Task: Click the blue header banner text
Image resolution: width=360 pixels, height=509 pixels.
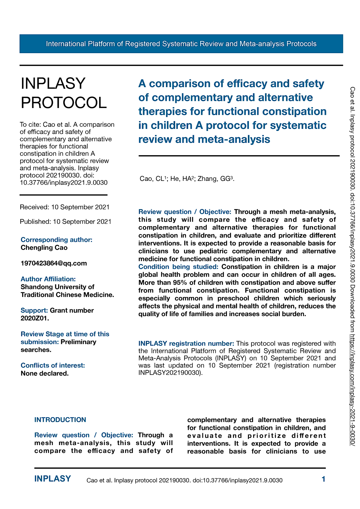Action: tap(181, 44)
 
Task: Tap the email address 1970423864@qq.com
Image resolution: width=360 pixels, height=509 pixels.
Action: tap(54, 263)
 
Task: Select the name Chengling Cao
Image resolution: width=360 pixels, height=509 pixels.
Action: tap(44, 248)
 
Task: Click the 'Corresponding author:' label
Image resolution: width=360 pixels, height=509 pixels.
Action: tap(57, 240)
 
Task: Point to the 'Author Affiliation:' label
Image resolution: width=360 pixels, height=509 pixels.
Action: tap(48, 279)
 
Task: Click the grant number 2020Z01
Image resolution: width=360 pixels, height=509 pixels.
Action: tap(35, 318)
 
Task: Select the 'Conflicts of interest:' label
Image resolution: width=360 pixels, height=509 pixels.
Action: tap(53, 365)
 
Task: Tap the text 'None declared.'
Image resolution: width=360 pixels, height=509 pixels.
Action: tap(45, 373)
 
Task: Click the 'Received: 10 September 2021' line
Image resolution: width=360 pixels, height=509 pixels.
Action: tap(64, 207)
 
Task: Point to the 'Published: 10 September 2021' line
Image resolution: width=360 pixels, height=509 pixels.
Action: tap(66, 221)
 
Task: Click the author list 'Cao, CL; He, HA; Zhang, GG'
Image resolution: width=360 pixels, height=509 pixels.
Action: tap(187, 179)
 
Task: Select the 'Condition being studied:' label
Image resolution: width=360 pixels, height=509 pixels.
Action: tap(178, 267)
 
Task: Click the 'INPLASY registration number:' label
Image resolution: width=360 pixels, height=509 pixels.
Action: tap(186, 344)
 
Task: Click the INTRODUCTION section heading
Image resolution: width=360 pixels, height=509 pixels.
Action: tap(60, 420)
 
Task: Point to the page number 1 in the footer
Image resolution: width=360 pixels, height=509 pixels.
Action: tap(324, 479)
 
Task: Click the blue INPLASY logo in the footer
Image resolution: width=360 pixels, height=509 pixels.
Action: tap(53, 479)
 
